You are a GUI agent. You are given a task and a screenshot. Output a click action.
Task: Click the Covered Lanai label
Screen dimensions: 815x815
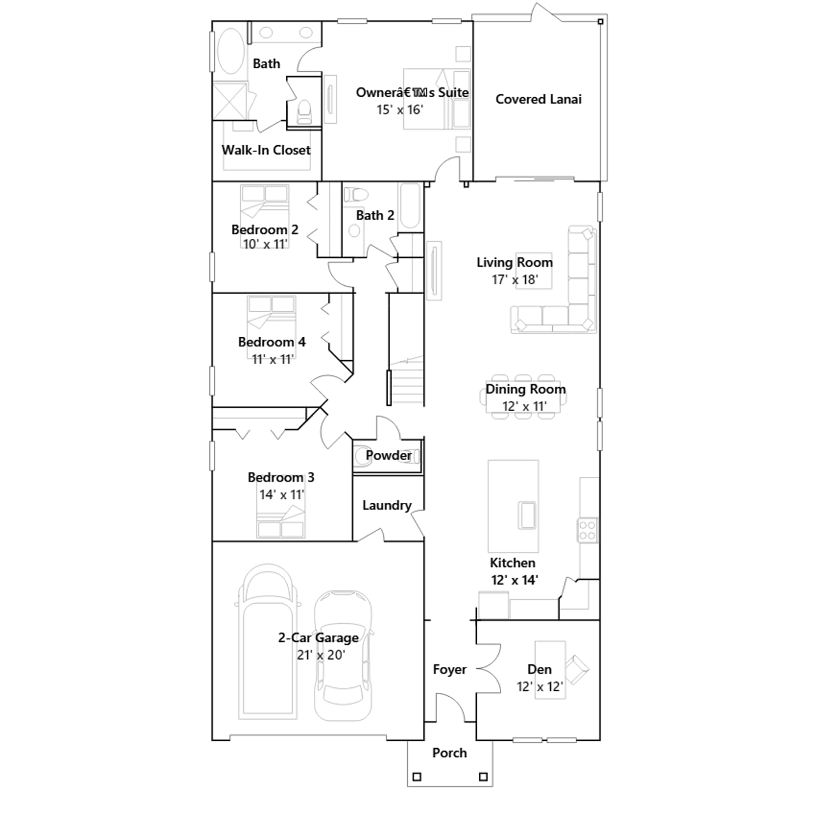[538, 99]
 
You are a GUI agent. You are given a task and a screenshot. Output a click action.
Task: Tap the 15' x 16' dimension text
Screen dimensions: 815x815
[400, 110]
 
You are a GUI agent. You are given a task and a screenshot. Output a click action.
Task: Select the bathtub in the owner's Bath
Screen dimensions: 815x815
[231, 51]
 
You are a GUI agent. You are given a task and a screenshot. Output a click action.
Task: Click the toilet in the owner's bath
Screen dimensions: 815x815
[304, 112]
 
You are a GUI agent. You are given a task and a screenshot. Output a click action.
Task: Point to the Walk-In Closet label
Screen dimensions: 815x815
[266, 150]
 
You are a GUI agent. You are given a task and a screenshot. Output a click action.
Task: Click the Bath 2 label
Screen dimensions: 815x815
[375, 215]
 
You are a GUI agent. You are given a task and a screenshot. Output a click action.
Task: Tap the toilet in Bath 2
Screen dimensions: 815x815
[356, 194]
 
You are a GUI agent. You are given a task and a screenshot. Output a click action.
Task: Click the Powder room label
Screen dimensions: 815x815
[389, 455]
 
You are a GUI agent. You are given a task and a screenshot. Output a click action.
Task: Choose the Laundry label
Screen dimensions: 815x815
[387, 505]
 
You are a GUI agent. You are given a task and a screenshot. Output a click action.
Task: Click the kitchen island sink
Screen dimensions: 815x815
[527, 515]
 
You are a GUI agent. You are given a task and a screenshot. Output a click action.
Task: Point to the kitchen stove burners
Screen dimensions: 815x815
[587, 530]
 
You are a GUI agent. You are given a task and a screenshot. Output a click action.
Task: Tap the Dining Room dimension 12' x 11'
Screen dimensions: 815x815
[525, 406]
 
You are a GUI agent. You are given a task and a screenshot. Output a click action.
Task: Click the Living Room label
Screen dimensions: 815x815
[514, 262]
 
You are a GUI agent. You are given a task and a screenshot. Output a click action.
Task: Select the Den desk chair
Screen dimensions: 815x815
[577, 668]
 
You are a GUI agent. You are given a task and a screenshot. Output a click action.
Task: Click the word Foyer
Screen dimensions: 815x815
[449, 669]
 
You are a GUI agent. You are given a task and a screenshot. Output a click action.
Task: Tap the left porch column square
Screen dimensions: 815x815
[417, 777]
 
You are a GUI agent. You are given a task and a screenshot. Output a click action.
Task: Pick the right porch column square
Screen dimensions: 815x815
[483, 777]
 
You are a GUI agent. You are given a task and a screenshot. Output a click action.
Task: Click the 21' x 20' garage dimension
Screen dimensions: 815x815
[321, 655]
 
